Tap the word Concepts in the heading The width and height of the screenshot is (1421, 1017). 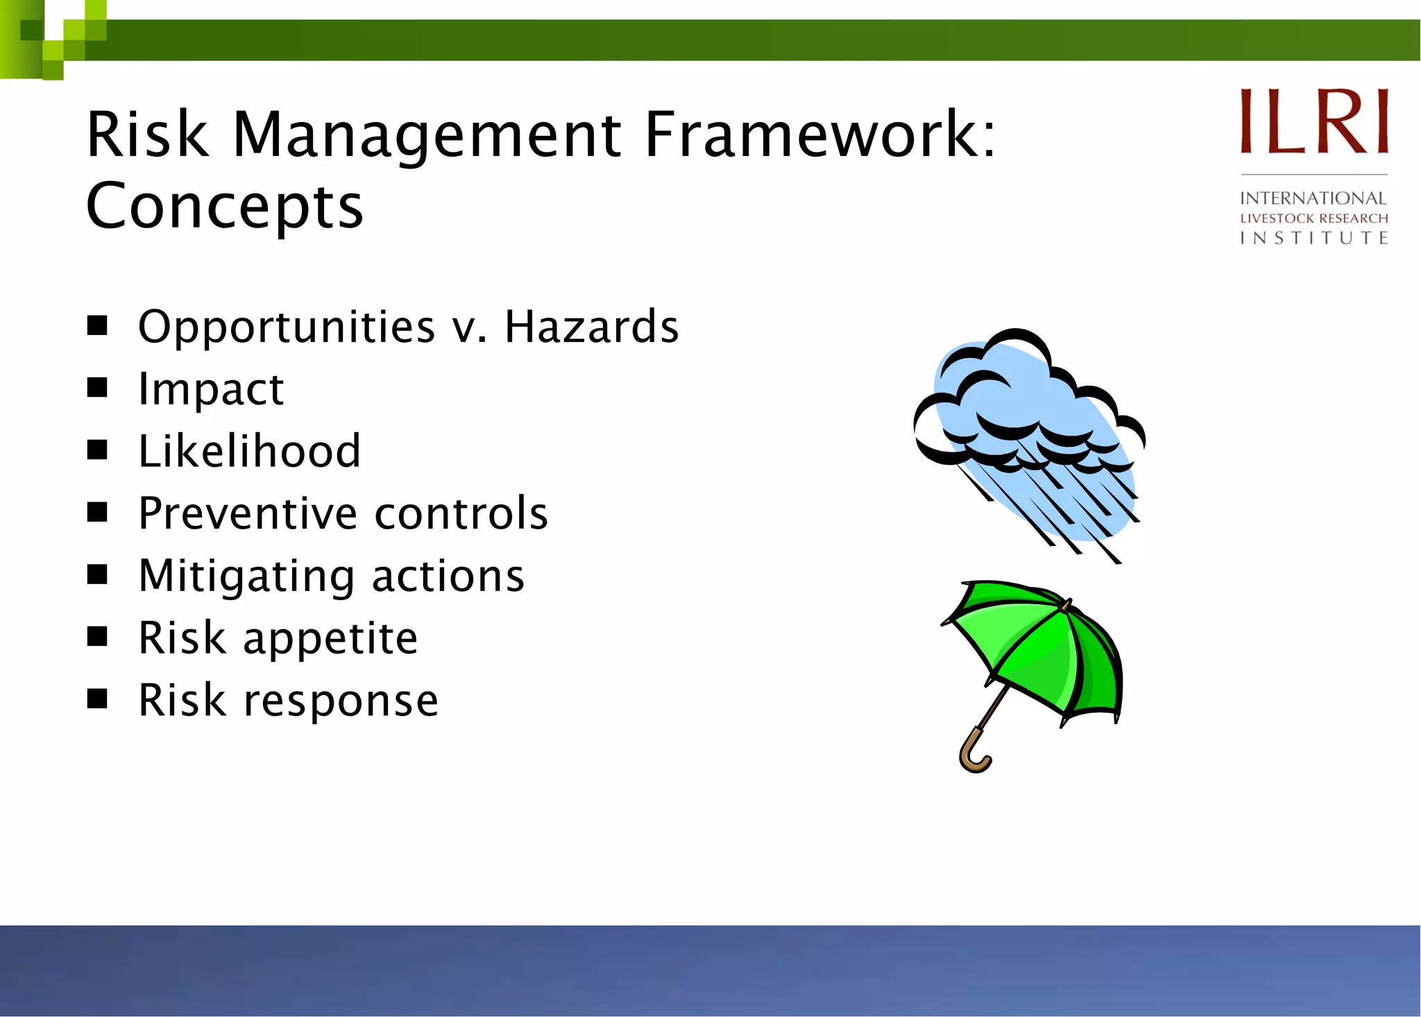(x=224, y=206)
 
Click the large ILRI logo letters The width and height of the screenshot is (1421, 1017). (x=1314, y=121)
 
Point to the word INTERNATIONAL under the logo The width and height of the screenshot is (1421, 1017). (x=1313, y=198)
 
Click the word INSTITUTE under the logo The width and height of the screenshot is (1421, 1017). (x=1314, y=238)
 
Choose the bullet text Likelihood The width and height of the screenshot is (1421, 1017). (x=249, y=451)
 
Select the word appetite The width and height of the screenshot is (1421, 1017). (x=330, y=638)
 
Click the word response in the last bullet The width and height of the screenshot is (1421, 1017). (x=340, y=701)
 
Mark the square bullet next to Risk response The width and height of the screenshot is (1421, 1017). (x=97, y=699)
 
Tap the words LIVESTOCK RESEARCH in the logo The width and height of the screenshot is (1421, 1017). (x=1314, y=219)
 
